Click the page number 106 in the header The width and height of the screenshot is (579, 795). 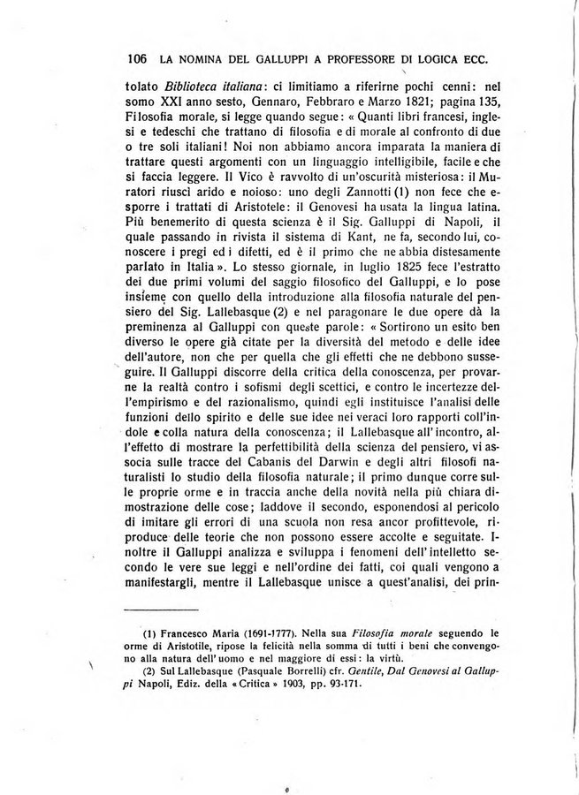click(136, 60)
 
